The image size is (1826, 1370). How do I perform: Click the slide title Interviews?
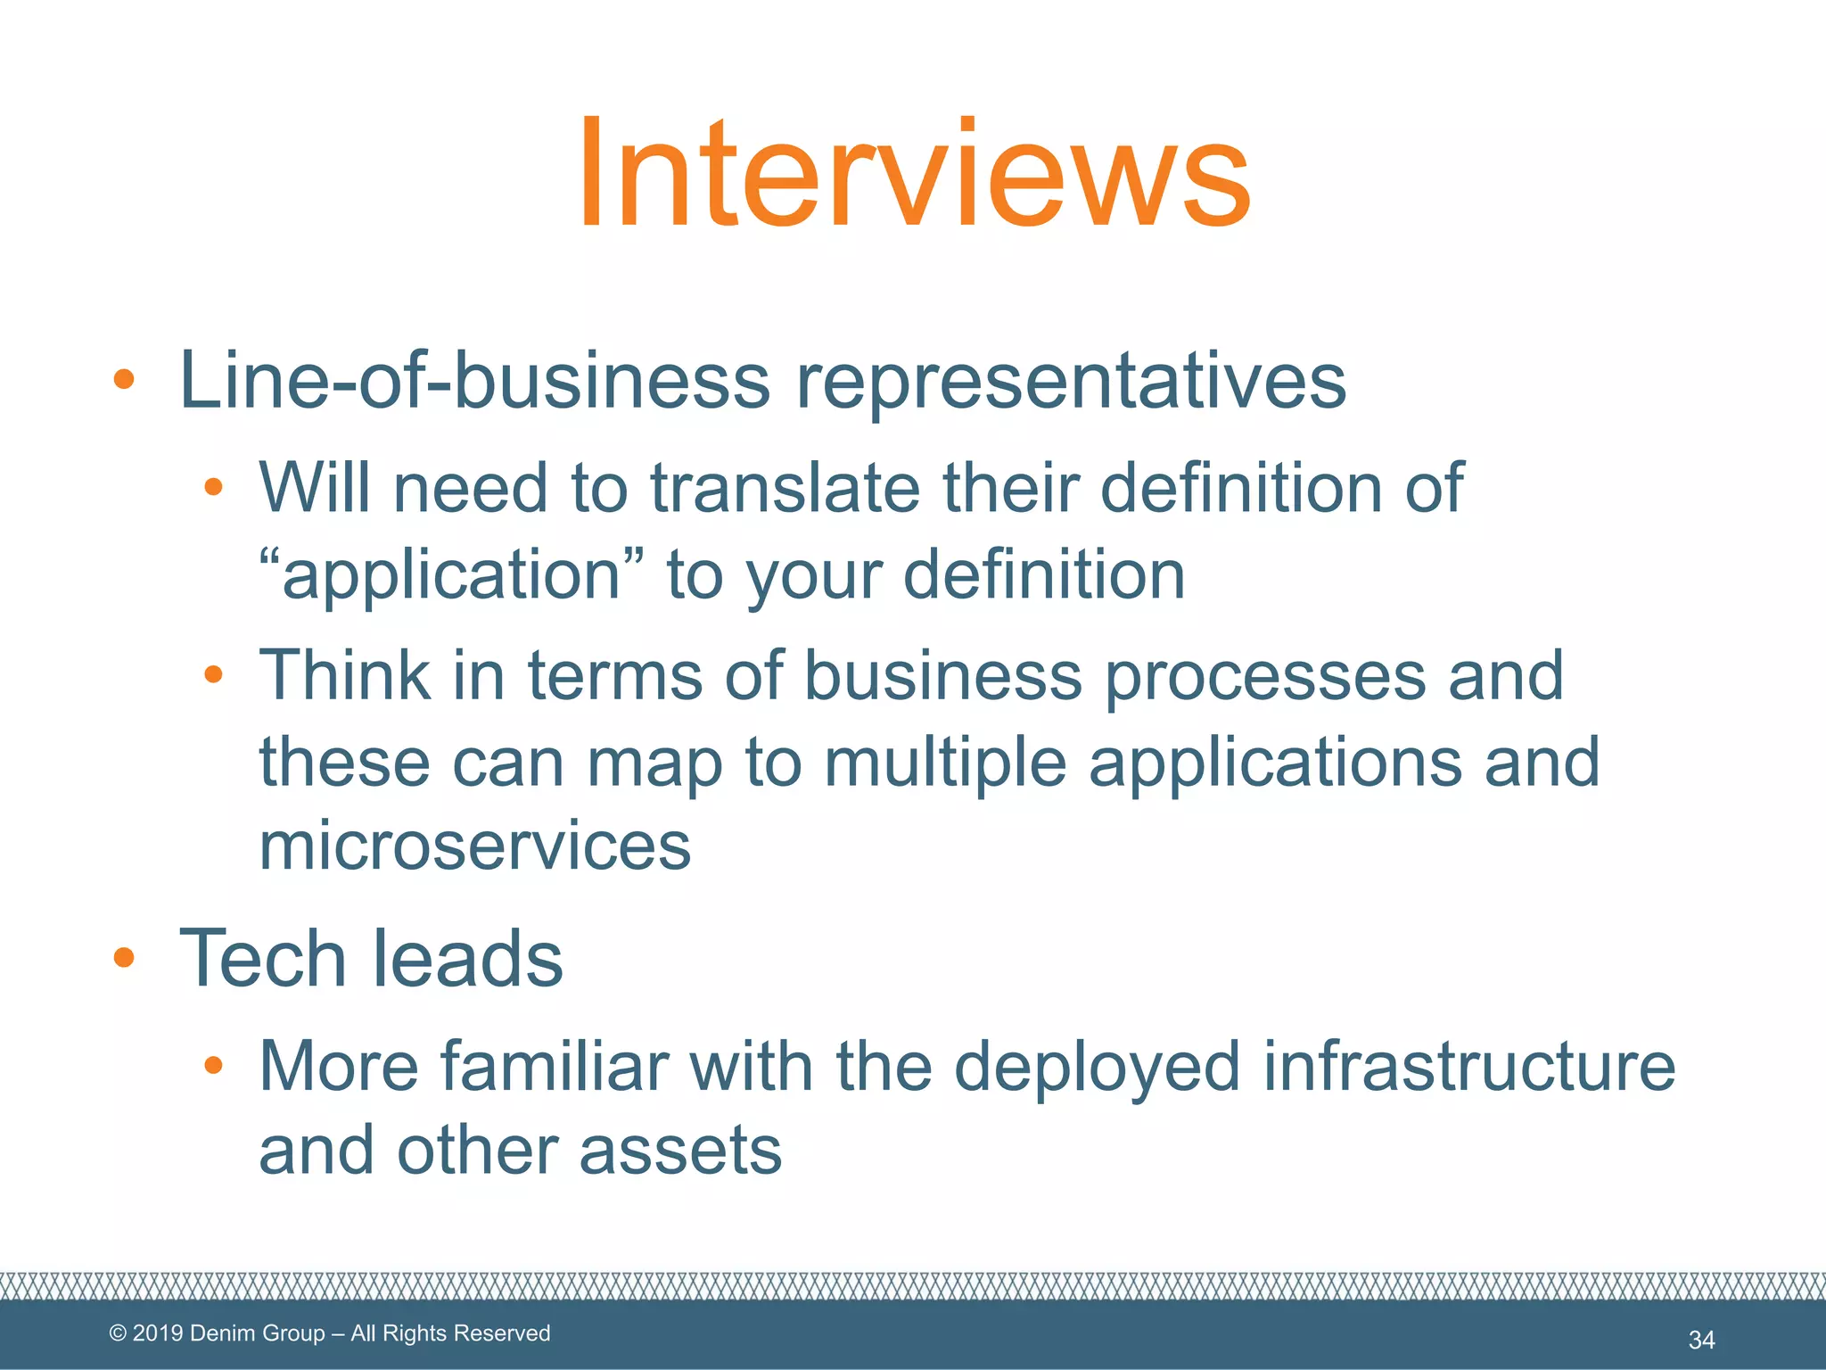pos(914,174)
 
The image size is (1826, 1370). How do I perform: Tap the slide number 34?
pos(1701,1340)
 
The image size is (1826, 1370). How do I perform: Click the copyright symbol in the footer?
pos(118,1333)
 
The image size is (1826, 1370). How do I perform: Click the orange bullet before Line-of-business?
pos(124,380)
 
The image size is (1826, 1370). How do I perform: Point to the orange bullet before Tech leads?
pos(124,958)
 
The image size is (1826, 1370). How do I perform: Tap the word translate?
pos(785,488)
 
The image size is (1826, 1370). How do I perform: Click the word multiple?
pos(945,763)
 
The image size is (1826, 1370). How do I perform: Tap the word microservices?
pos(474,846)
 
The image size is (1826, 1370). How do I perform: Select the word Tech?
pos(262,959)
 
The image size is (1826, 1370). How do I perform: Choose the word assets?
pos(680,1151)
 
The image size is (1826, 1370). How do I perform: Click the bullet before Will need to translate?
pos(213,487)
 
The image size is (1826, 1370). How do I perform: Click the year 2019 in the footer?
pos(158,1333)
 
